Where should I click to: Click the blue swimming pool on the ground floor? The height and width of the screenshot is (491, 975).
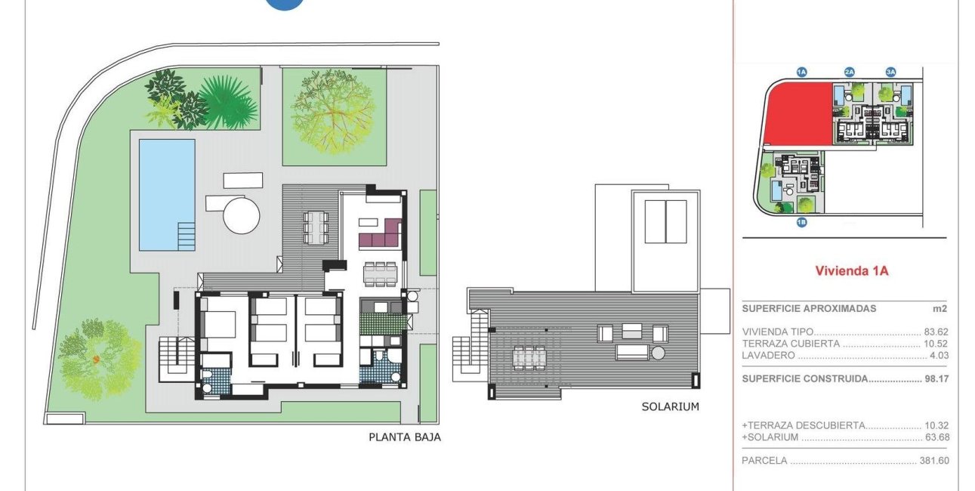[167, 195]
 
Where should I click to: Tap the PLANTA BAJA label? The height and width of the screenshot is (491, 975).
[405, 437]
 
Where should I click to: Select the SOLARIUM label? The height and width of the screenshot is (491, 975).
[671, 406]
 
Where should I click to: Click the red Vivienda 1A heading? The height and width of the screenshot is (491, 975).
[851, 271]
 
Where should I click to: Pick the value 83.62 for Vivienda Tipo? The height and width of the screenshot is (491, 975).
[936, 332]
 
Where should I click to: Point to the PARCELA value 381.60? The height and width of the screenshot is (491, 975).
[934, 461]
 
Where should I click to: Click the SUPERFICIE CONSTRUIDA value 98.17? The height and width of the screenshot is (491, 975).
[936, 378]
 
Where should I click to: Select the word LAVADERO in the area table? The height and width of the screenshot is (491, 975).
[769, 355]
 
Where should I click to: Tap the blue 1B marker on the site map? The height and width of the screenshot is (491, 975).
[801, 222]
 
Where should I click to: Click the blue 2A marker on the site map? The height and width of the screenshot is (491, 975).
[849, 73]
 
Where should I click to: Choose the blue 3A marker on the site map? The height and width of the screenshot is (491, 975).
[890, 73]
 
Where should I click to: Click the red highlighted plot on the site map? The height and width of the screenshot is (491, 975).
[799, 113]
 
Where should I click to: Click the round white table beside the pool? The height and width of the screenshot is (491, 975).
[241, 215]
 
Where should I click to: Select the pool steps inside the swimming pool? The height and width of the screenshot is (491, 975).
[187, 236]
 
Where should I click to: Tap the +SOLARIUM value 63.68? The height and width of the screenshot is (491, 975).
[937, 437]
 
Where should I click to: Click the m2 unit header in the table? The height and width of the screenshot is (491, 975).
[940, 309]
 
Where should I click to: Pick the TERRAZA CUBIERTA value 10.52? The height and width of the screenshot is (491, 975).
[936, 344]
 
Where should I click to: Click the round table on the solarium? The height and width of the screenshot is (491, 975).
[658, 353]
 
